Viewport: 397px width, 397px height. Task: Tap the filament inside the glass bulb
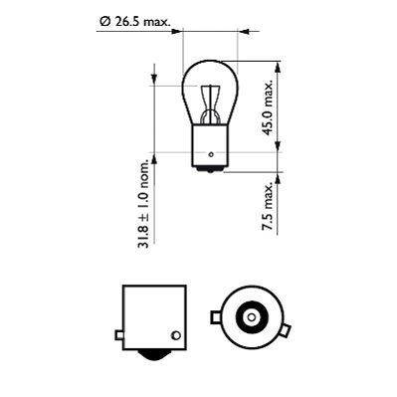211,100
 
